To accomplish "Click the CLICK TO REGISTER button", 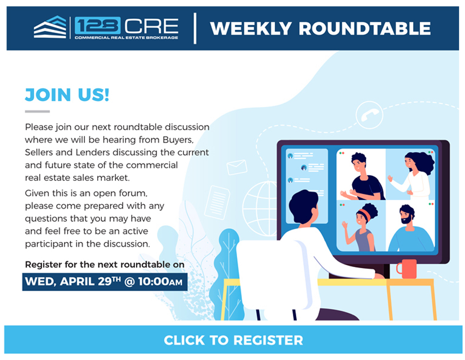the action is [x=233, y=339].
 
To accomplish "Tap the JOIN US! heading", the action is [x=67, y=95].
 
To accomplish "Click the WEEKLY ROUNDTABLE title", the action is [x=320, y=28].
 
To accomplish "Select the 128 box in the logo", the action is [x=98, y=25].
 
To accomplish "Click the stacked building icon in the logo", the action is [x=50, y=27].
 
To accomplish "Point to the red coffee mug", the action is [x=407, y=269].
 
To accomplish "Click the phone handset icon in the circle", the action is [x=369, y=114].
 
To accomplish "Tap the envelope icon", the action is [x=237, y=167].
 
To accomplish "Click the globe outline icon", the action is [x=260, y=209].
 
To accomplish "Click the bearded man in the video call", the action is [x=411, y=228].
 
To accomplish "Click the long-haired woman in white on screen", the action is [x=413, y=174].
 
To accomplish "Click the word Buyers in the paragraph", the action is [x=178, y=140].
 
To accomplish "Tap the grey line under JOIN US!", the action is [x=37, y=111].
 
